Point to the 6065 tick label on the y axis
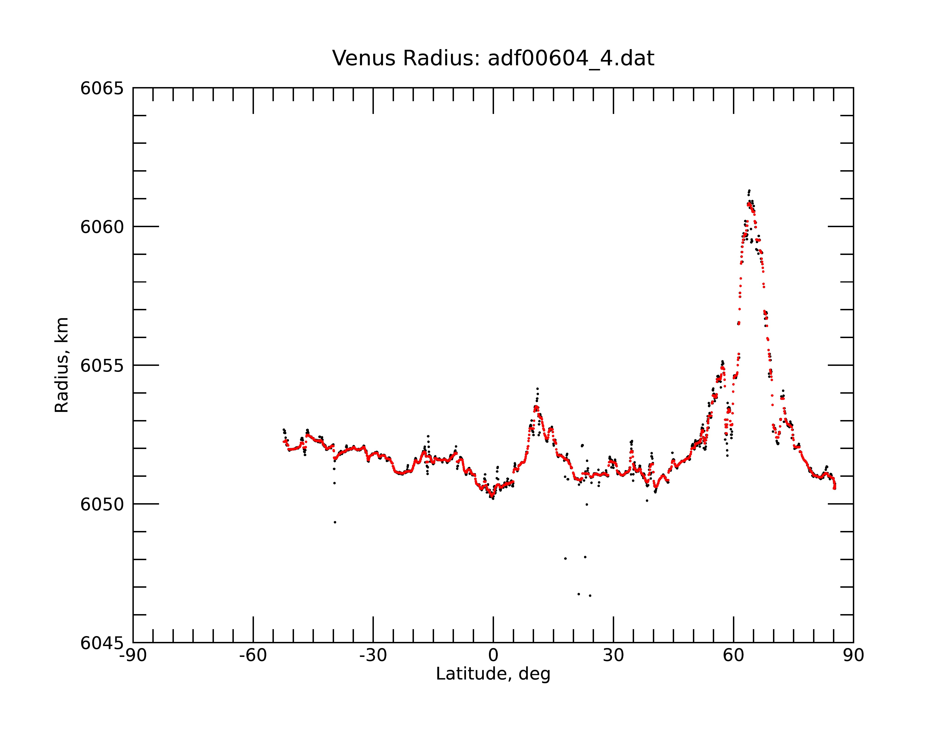point(102,88)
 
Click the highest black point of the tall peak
point(749,190)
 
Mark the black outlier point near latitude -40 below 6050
point(335,522)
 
